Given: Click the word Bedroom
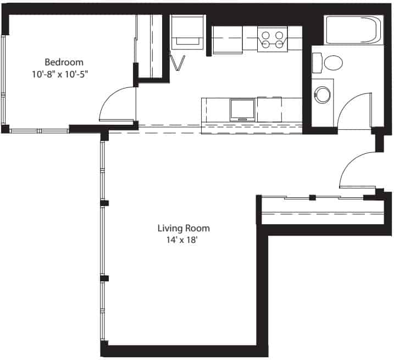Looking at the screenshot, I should coord(64,62).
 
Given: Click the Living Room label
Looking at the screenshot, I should coord(184,228).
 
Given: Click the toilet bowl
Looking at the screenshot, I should coord(334,62).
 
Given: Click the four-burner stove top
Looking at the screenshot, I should coord(273,40).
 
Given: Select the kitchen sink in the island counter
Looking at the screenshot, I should coord(242,109).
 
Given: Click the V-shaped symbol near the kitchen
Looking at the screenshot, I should coord(178,63).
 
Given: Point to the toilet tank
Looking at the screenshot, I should coord(317,62).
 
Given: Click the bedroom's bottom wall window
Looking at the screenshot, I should coord(38,130).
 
